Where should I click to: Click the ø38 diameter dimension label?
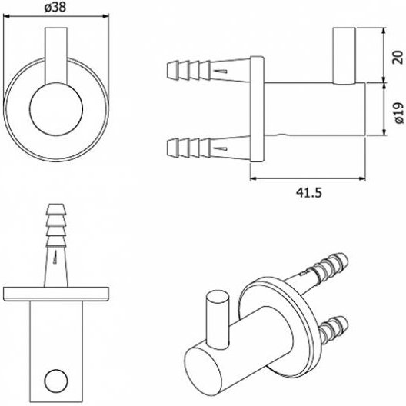tap(55, 8)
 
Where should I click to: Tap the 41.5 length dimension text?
tap(309, 192)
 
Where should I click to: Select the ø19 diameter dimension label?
tap(400, 112)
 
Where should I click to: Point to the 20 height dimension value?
tap(399, 58)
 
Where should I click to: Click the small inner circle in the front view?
tap(56, 109)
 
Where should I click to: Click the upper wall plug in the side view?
tap(208, 71)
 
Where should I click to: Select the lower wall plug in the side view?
tap(208, 148)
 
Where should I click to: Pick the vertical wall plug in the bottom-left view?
tap(56, 245)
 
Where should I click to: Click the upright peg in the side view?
tap(344, 55)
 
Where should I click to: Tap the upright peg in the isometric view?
tap(218, 321)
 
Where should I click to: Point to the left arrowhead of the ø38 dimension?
tap(5, 17)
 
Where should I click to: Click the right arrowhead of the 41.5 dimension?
tap(362, 178)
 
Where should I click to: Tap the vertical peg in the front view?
tap(56, 55)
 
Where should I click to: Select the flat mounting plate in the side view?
tap(257, 109)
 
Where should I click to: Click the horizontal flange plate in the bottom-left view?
tap(56, 294)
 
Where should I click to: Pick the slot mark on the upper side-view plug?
tap(221, 72)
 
